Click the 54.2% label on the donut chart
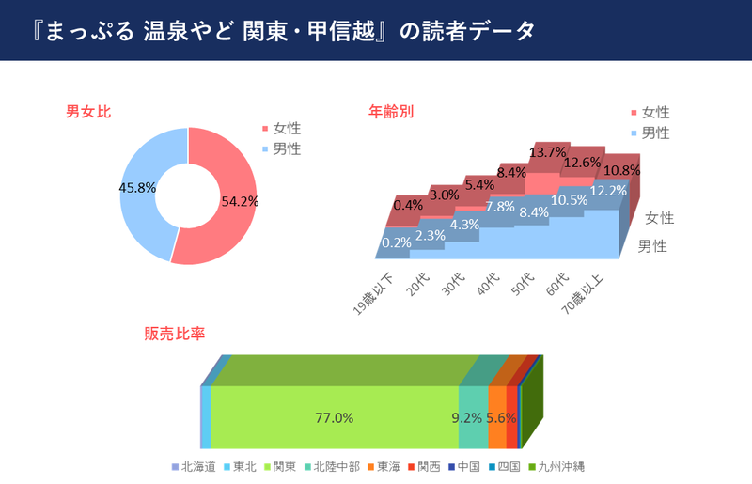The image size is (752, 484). click(241, 201)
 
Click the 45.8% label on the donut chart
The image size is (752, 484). click(136, 188)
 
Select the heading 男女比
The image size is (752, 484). click(88, 112)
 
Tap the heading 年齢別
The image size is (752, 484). click(391, 112)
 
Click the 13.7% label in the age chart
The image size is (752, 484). click(548, 152)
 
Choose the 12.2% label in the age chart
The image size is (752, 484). click(608, 191)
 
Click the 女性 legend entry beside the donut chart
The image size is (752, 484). click(286, 129)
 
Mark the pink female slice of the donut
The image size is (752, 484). click(230, 235)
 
